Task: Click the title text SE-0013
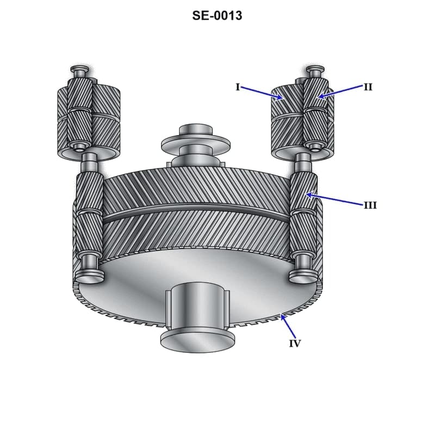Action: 217,15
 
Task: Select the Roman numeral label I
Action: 238,87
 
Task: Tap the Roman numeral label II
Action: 368,87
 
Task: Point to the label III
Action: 370,205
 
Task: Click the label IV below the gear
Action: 295,344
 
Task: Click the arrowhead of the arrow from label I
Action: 281,99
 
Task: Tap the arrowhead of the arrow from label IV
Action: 282,315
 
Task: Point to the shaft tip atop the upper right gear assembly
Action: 314,71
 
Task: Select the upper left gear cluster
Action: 89,120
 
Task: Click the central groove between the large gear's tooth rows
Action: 196,214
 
